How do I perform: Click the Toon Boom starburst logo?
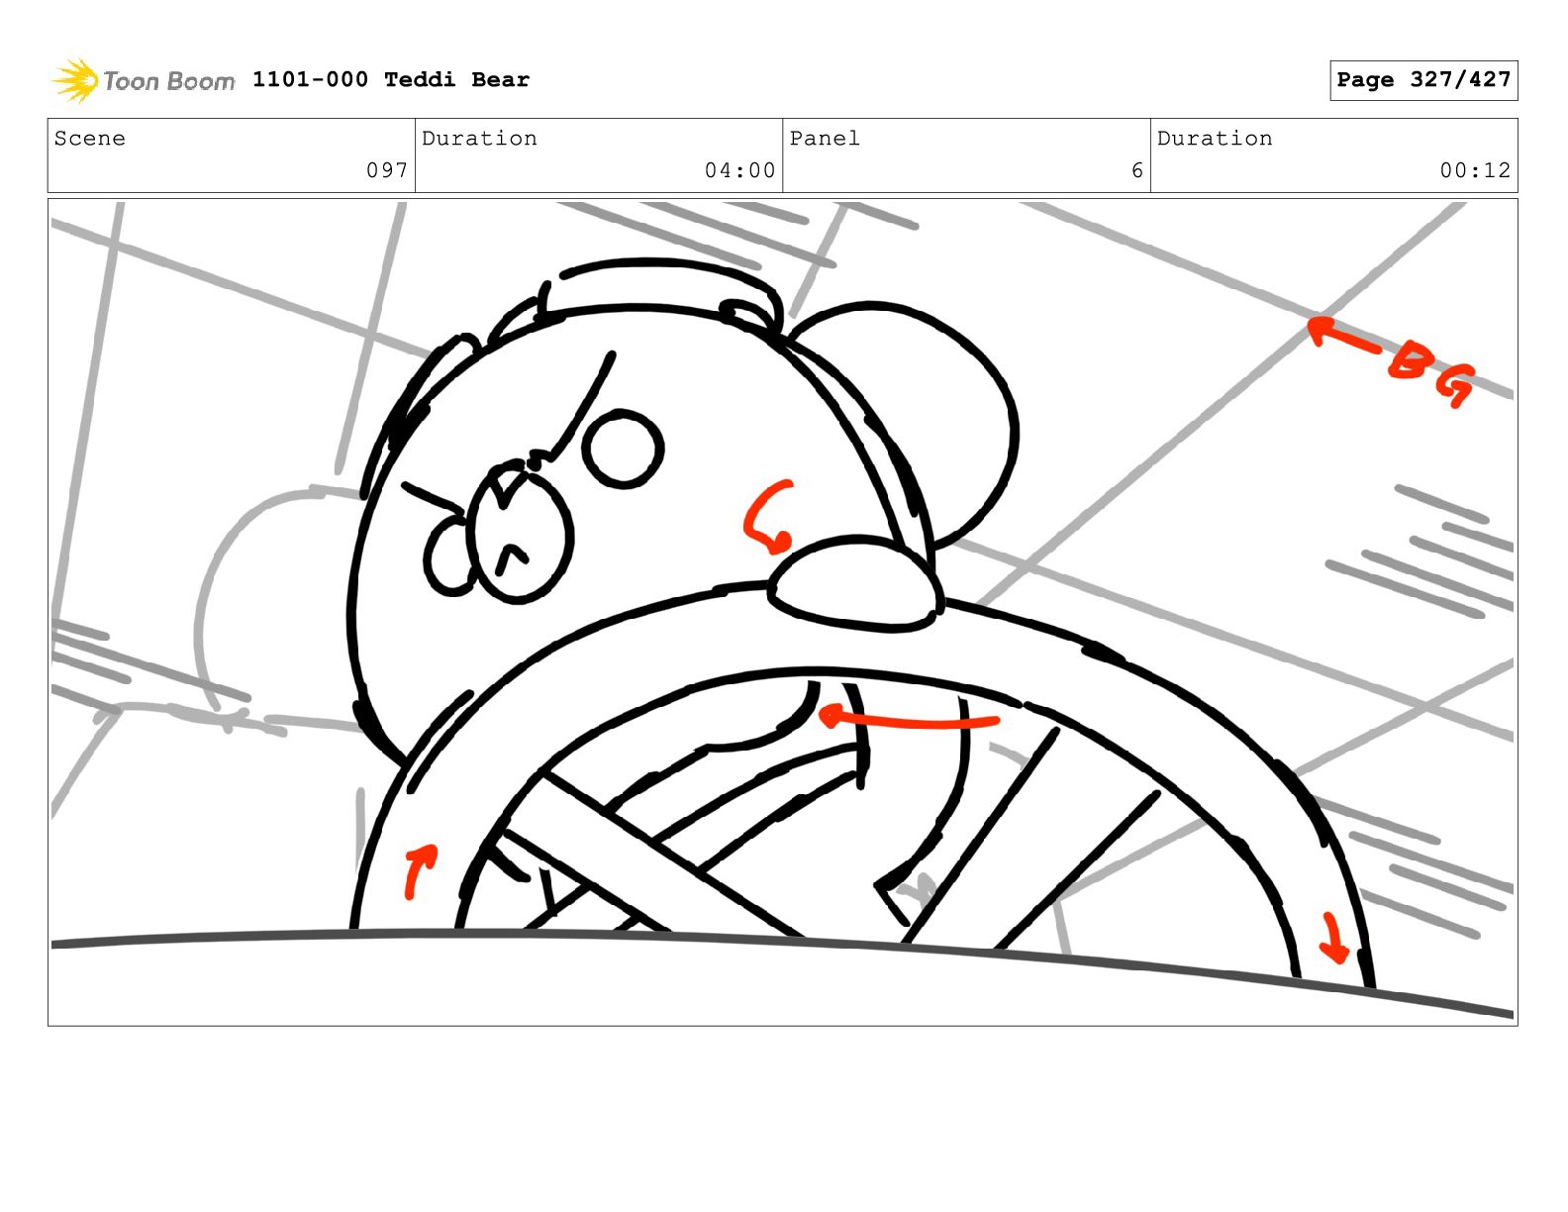75,80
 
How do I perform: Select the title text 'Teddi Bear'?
456,79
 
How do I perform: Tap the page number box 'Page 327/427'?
1422,80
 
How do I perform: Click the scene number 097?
387,170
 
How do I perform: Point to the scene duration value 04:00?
739,170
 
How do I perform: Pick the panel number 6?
1137,170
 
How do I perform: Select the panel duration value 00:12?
1475,170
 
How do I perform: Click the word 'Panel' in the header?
825,138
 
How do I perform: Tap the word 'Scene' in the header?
89,138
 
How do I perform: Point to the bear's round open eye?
623,449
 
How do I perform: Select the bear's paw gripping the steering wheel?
855,583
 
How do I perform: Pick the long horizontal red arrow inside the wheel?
908,722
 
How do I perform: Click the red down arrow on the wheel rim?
1332,939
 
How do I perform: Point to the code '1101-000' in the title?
310,79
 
